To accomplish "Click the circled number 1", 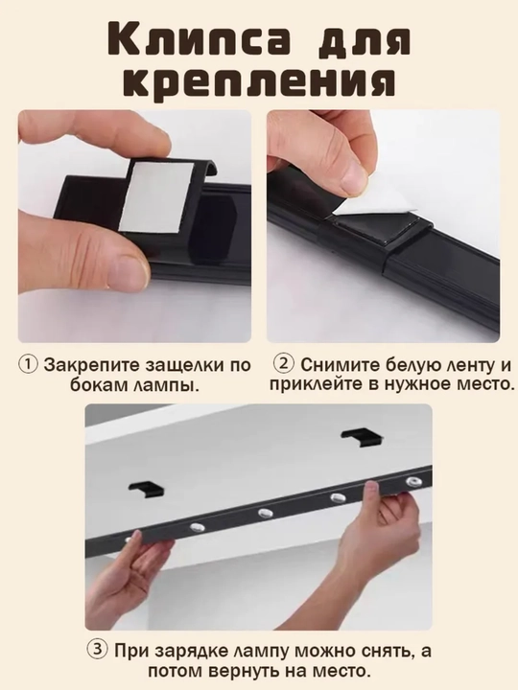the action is coord(28,365).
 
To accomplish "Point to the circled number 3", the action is coord(97,651).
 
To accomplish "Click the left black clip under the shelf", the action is coord(147,486).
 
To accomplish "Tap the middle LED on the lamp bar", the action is coord(265,512).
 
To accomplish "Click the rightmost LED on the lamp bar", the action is coord(413,480).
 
